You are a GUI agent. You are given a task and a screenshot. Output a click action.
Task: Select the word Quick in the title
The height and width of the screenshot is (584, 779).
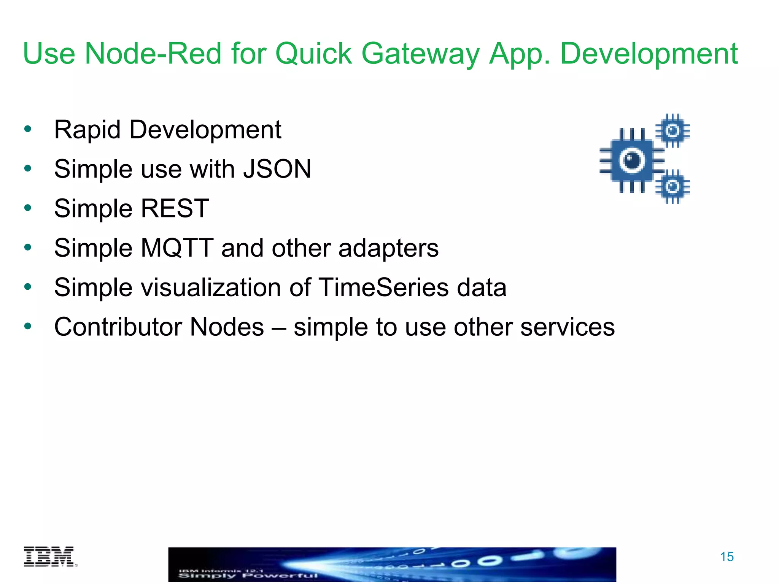point(313,54)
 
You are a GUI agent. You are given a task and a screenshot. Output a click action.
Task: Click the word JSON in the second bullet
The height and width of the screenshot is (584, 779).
point(277,169)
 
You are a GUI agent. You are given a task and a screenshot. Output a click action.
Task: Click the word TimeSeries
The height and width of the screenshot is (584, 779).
point(383,287)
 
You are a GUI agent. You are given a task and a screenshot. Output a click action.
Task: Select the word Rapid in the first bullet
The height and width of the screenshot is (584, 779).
point(87,130)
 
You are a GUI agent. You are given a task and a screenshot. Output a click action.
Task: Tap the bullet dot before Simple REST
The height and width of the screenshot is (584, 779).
point(27,208)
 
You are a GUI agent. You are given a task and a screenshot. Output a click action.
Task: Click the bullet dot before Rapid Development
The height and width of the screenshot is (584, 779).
point(27,129)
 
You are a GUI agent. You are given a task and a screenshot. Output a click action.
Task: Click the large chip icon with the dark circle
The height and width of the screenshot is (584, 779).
point(631,160)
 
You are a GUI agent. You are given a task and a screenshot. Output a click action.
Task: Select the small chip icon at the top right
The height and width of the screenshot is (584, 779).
point(672,131)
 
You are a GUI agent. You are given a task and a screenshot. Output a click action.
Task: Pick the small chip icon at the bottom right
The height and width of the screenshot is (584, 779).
point(672,187)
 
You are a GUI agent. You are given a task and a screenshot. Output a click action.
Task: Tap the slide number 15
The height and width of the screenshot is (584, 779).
point(727,557)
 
